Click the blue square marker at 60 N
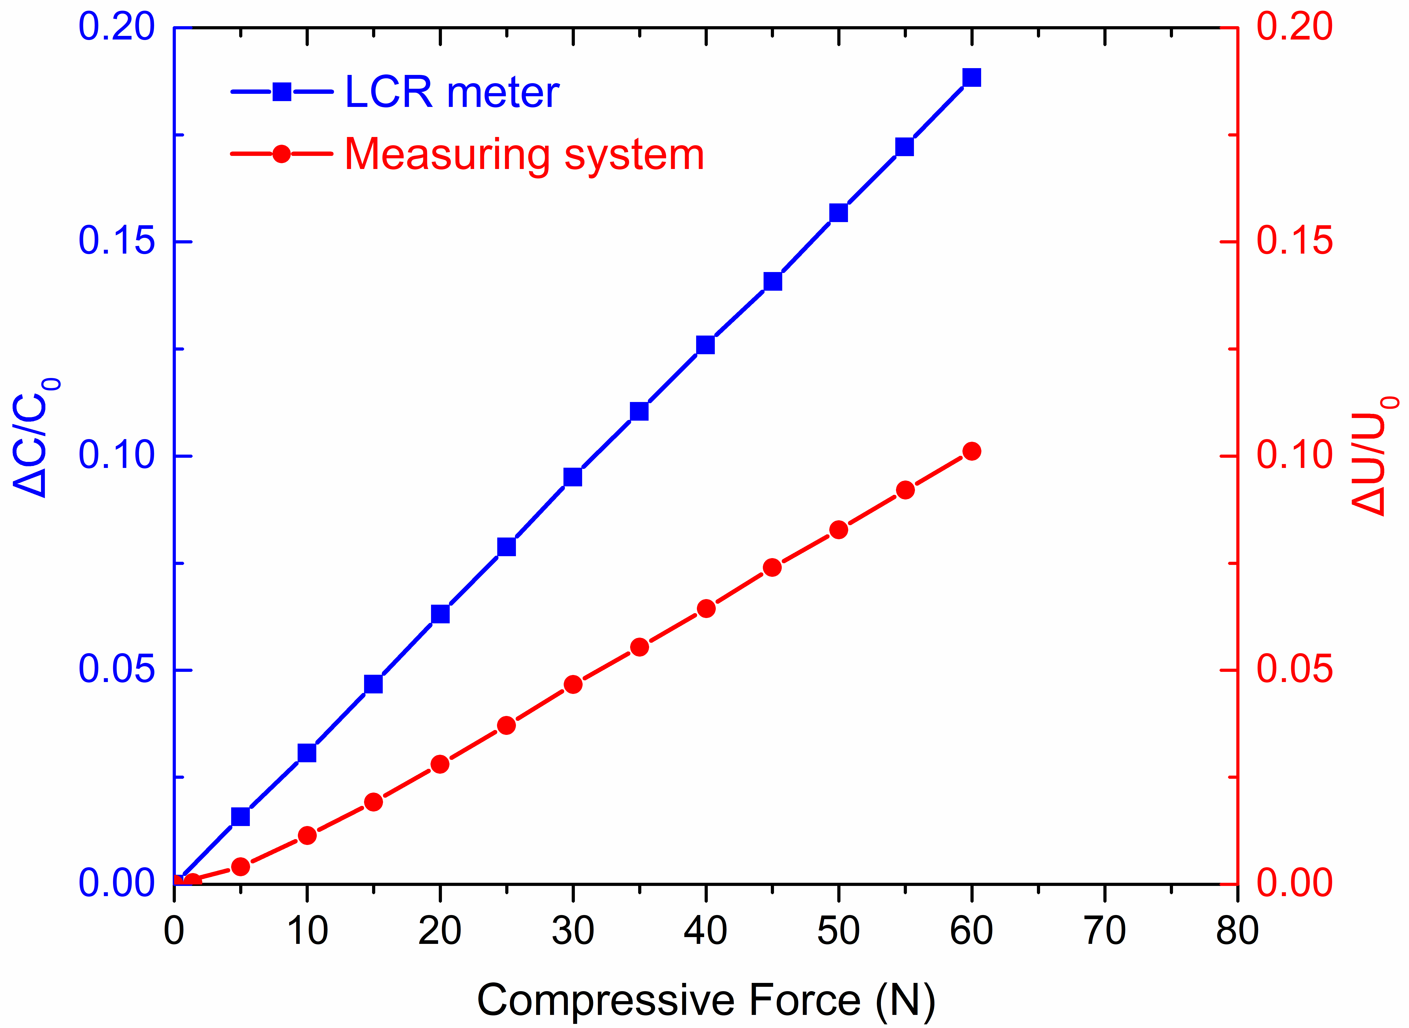(971, 78)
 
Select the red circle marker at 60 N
(971, 451)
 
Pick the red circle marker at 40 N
(706, 609)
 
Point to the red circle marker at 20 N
(440, 764)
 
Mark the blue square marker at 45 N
(772, 281)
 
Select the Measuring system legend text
(524, 154)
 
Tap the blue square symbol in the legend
(282, 92)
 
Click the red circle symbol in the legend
(282, 154)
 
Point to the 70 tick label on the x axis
(1105, 932)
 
